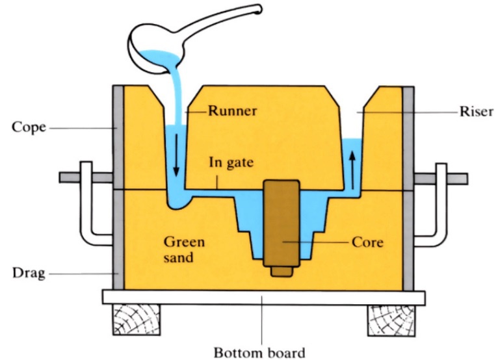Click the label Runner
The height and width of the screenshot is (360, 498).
(x=232, y=110)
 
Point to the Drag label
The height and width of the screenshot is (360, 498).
(x=28, y=274)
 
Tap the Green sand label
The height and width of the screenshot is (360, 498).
(x=183, y=250)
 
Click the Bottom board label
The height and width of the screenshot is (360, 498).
(x=259, y=353)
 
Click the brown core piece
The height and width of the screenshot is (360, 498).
(x=281, y=227)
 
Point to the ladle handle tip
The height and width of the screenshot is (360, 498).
(x=258, y=9)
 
